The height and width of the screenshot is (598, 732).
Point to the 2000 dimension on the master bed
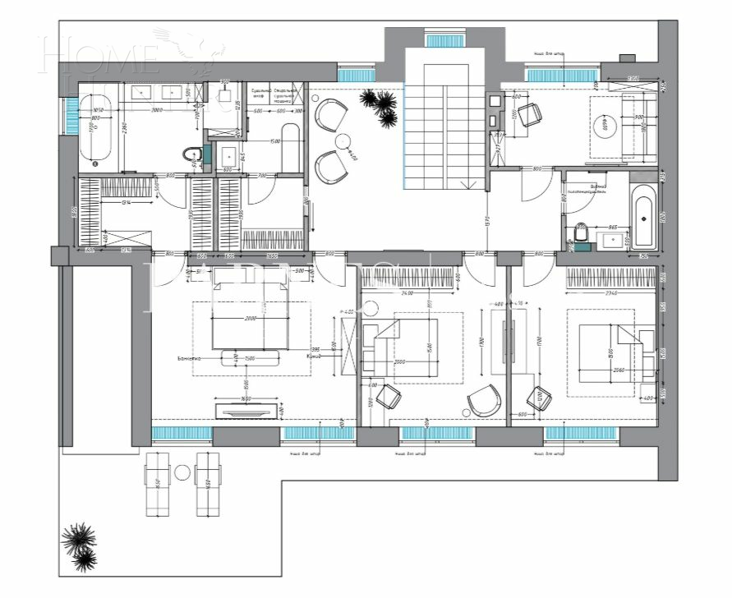click(250, 318)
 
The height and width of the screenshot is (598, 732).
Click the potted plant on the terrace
click(80, 546)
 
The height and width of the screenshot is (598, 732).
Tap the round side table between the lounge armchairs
click(344, 140)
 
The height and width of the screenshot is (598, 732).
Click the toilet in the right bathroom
click(581, 235)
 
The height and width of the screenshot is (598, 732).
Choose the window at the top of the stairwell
click(444, 37)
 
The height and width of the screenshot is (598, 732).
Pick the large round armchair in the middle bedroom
click(482, 402)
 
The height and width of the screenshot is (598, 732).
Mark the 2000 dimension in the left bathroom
click(156, 108)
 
